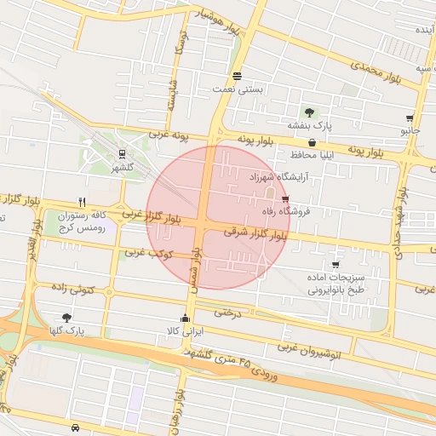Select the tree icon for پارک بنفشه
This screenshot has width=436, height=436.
pos(309,112)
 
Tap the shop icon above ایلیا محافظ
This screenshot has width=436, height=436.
pos(312,142)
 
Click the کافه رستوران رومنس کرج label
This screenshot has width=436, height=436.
pos(85,223)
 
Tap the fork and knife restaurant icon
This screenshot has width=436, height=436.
pos(82,203)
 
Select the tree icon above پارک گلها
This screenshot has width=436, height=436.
pos(67,317)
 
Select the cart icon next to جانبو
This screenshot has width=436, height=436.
pos(410,118)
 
